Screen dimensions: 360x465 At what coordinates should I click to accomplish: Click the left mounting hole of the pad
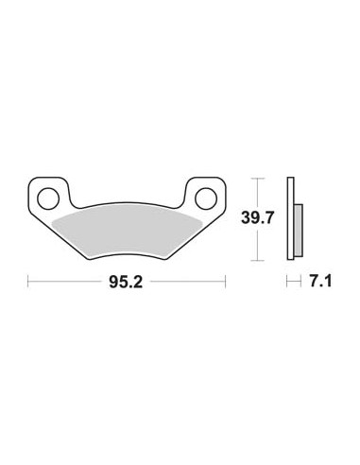point(48,198)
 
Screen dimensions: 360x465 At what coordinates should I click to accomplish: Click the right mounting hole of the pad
point(206,198)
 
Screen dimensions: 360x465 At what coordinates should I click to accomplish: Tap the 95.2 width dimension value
point(126,282)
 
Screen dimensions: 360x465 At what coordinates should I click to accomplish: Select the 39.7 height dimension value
point(258,217)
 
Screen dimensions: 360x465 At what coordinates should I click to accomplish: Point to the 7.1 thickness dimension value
point(321,281)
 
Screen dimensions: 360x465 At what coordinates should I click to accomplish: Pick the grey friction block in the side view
point(299,230)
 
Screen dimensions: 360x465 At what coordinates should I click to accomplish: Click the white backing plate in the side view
point(290,218)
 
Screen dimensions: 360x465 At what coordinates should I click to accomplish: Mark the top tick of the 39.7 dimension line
point(258,179)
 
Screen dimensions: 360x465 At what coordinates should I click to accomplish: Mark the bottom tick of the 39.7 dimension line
point(258,261)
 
